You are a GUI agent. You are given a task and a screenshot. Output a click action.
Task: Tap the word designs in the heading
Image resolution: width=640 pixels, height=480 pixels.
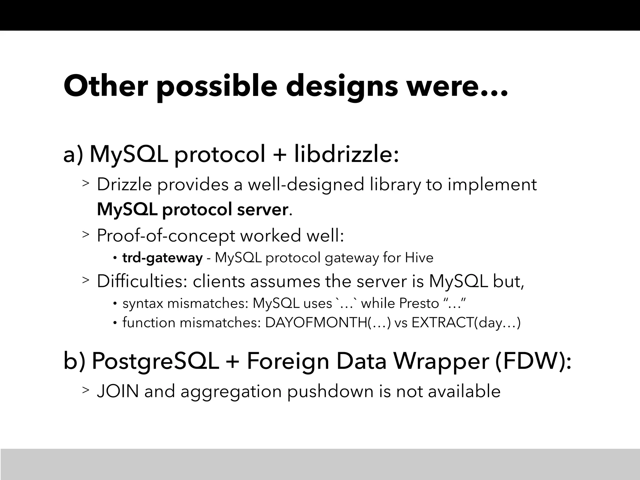[342, 86]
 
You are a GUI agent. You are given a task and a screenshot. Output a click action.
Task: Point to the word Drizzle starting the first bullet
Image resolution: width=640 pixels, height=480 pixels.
[124, 184]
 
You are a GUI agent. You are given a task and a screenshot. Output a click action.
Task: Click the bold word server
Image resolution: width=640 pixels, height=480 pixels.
[262, 209]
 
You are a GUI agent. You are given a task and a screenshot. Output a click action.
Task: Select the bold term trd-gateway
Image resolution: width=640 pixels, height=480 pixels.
[162, 258]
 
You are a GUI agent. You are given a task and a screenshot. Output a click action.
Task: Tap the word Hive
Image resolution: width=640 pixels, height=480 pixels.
[419, 258]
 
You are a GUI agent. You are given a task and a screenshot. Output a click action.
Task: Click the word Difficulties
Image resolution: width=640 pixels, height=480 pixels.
[142, 281]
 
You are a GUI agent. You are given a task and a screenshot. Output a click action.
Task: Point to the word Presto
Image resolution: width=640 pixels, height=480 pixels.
[419, 303]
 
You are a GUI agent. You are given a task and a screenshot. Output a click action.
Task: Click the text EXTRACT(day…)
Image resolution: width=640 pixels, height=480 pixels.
[466, 322]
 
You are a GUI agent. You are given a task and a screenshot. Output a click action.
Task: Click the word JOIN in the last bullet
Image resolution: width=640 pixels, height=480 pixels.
[118, 391]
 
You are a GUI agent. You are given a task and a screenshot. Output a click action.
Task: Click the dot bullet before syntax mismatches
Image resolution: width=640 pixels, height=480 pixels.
[115, 303]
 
